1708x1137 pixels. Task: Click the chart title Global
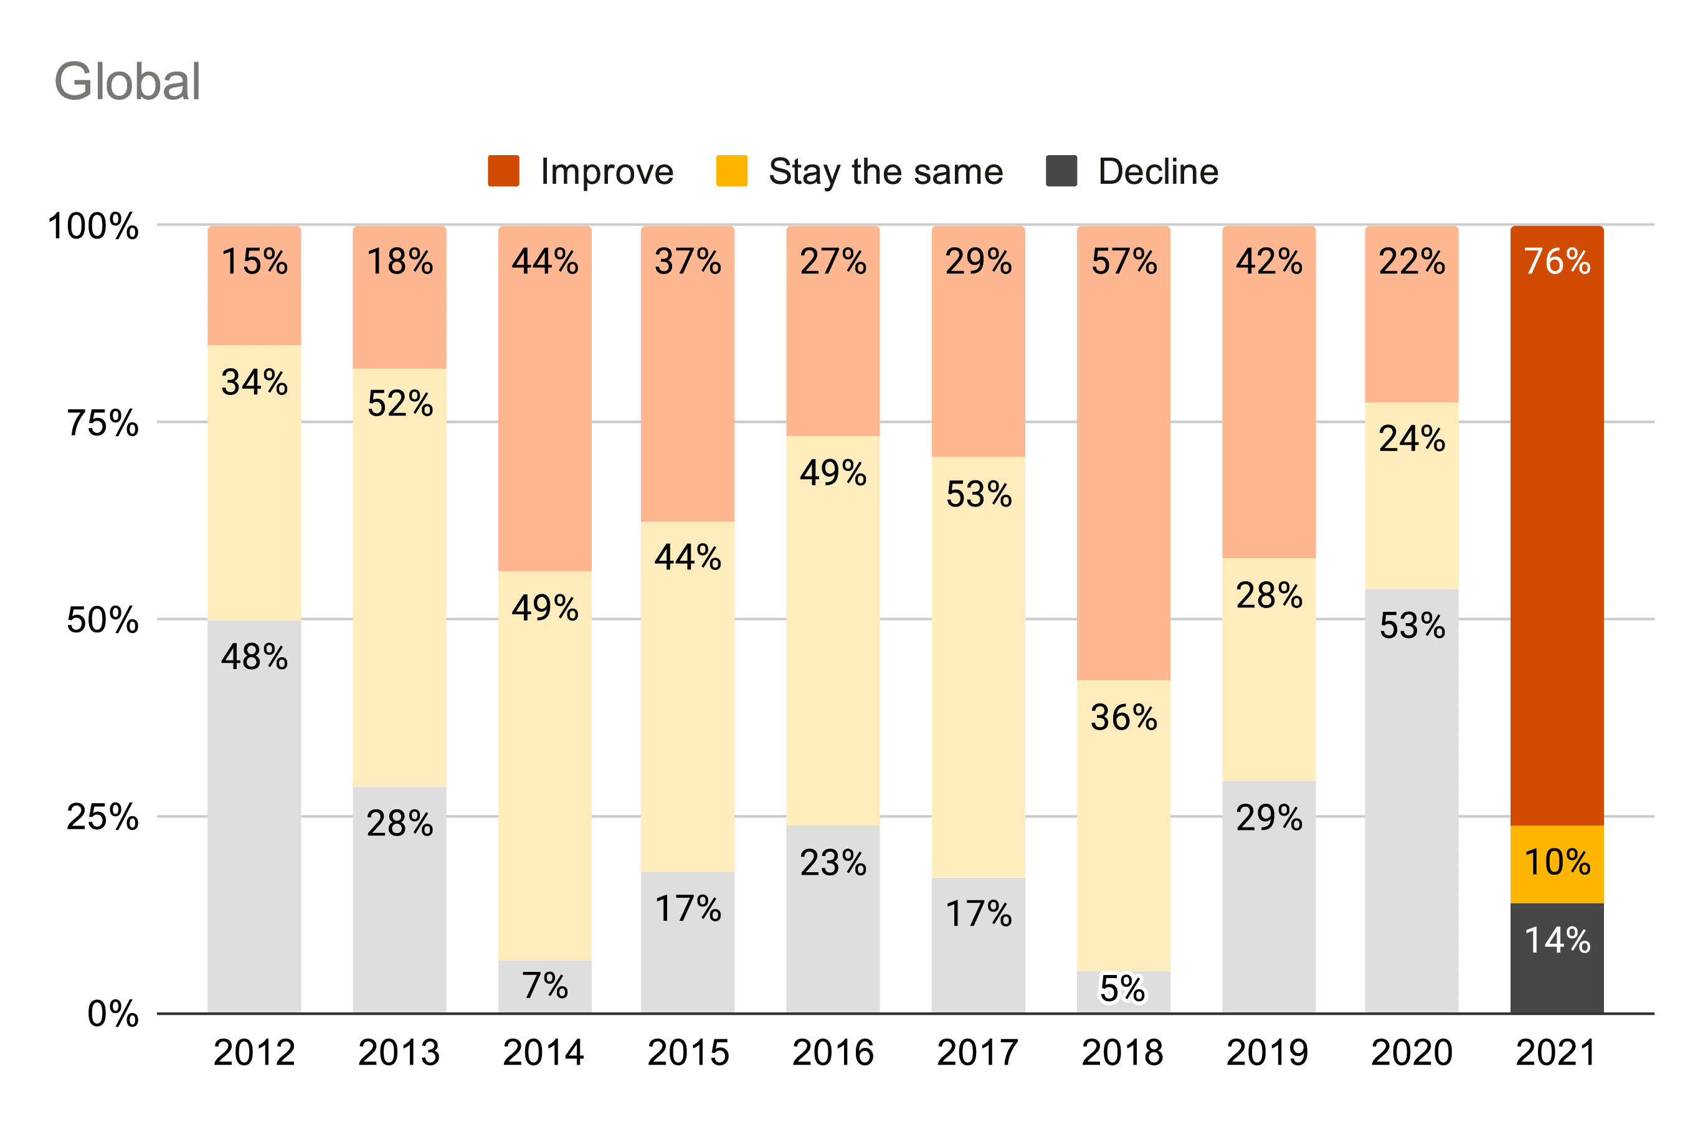pos(127,81)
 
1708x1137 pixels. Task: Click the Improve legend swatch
pos(503,171)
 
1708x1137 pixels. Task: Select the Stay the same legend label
pos(885,172)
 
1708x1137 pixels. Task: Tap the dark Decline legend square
pos(1061,171)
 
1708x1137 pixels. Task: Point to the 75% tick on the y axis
pos(102,423)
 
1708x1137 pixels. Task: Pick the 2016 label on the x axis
pos(832,1053)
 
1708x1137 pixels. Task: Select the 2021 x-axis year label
pos(1556,1053)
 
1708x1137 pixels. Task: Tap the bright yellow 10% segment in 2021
pos(1557,863)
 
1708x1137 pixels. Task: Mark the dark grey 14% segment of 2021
pos(1557,957)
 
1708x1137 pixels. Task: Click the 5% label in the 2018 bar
pos(1122,988)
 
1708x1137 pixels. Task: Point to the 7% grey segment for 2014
pos(544,986)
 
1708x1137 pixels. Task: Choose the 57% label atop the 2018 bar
pos(1124,262)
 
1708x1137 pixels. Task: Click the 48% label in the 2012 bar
pos(255,657)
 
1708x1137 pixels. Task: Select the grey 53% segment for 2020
pos(1411,797)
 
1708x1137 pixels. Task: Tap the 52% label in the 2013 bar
pos(400,404)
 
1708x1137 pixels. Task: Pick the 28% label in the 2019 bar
pos(1269,596)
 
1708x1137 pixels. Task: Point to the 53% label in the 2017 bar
pos(979,495)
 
